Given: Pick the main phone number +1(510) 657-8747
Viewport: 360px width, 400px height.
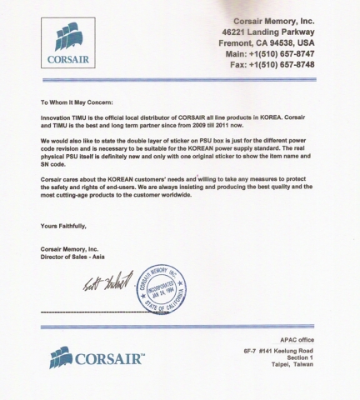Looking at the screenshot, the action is pos(287,52).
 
